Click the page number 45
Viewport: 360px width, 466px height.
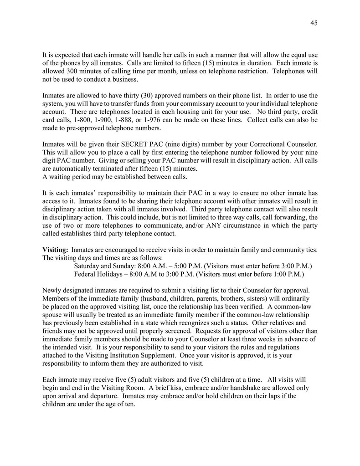(314, 23)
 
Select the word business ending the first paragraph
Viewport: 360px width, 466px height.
(124, 79)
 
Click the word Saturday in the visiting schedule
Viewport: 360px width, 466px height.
(88, 266)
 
